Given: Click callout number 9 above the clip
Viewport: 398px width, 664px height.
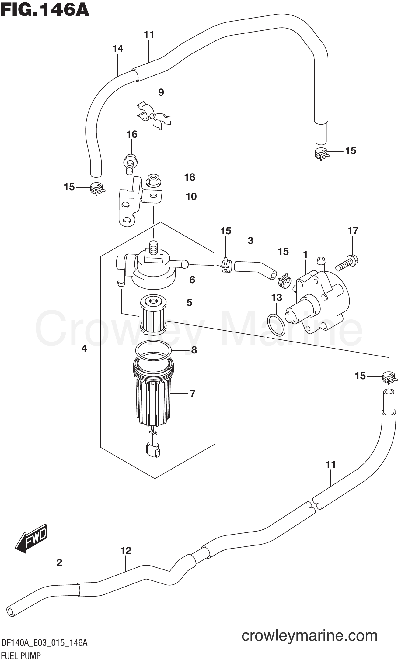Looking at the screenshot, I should click(x=161, y=92).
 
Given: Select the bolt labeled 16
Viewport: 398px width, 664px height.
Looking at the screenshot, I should click(x=130, y=164).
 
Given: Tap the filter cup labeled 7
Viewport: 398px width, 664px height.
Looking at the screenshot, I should click(x=153, y=395).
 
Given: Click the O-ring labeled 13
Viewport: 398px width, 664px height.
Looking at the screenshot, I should click(x=276, y=325).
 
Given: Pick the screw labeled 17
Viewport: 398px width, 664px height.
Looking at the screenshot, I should click(x=347, y=263).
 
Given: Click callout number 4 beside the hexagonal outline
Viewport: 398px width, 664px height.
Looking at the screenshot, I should click(x=84, y=349).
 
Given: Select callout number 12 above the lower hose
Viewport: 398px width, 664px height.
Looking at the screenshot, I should click(x=126, y=551).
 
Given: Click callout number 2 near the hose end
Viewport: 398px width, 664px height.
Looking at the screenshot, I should click(x=59, y=563).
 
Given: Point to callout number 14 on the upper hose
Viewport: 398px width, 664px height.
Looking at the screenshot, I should click(x=118, y=49).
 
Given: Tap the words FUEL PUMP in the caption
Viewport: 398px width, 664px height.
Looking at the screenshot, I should click(x=21, y=656).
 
